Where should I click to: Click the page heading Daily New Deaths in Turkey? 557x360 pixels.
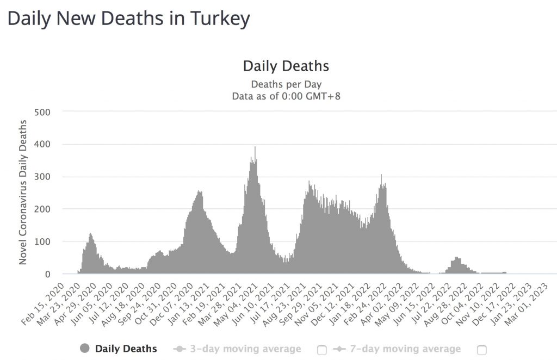pos(128,18)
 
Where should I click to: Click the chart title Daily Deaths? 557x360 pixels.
pos(286,66)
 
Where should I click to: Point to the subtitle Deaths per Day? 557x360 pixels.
pos(286,84)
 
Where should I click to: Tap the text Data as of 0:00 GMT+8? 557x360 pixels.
pos(286,96)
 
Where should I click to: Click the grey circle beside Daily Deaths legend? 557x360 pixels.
pos(85,349)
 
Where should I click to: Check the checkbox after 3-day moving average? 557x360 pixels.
pos(321,350)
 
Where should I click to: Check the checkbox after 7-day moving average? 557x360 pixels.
pos(481,350)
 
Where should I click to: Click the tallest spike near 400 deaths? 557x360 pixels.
pos(255,148)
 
